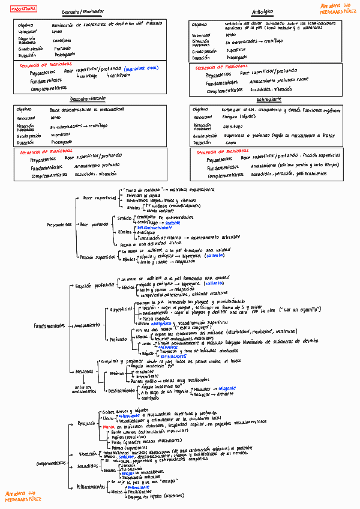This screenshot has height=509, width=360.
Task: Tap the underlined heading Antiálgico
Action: tap(262, 12)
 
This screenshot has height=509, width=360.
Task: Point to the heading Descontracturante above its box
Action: tap(88, 98)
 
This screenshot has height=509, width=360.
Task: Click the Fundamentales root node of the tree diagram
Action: tap(48, 325)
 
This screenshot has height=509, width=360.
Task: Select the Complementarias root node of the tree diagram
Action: tap(51, 463)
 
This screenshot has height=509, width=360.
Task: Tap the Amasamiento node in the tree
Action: tap(88, 325)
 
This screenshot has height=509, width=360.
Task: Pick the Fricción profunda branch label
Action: tap(94, 286)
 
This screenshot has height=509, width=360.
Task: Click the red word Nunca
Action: tap(109, 427)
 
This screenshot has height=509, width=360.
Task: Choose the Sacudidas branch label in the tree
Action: tap(87, 466)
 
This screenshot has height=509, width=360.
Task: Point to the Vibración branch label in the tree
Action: tap(87, 453)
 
